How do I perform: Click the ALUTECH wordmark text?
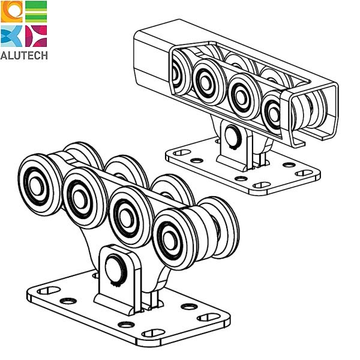click(24, 56)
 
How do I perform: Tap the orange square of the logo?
click(11, 11)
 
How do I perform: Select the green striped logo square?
click(36, 11)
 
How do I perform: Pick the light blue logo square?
click(11, 36)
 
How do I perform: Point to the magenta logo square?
click(36, 36)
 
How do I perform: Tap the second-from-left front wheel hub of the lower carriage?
click(79, 199)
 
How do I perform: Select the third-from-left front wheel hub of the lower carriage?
click(125, 218)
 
